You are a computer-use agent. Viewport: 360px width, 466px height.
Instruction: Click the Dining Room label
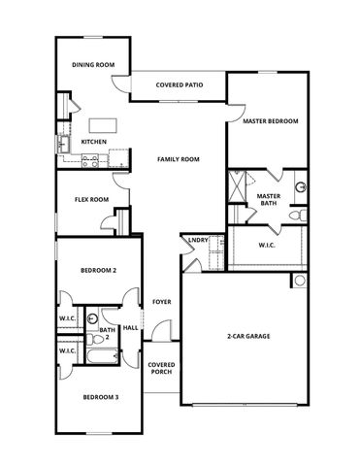(93, 65)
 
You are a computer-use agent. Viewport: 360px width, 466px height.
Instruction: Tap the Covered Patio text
(179, 85)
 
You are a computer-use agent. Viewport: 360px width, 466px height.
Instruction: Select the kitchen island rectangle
(103, 125)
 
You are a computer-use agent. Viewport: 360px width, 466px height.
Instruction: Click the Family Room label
(179, 158)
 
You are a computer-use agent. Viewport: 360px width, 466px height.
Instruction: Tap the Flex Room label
(92, 200)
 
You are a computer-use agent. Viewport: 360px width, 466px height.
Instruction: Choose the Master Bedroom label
(270, 121)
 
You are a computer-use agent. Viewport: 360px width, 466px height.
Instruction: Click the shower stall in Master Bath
(239, 184)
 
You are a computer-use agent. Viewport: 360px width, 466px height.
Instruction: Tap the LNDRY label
(198, 239)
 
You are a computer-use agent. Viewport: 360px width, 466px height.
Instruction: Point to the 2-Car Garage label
(248, 336)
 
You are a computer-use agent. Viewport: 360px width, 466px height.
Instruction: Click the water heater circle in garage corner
(299, 281)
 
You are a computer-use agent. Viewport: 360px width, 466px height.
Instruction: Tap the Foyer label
(161, 302)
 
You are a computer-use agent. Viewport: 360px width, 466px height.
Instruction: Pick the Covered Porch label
(160, 368)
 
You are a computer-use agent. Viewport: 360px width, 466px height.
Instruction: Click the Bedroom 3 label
(99, 397)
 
